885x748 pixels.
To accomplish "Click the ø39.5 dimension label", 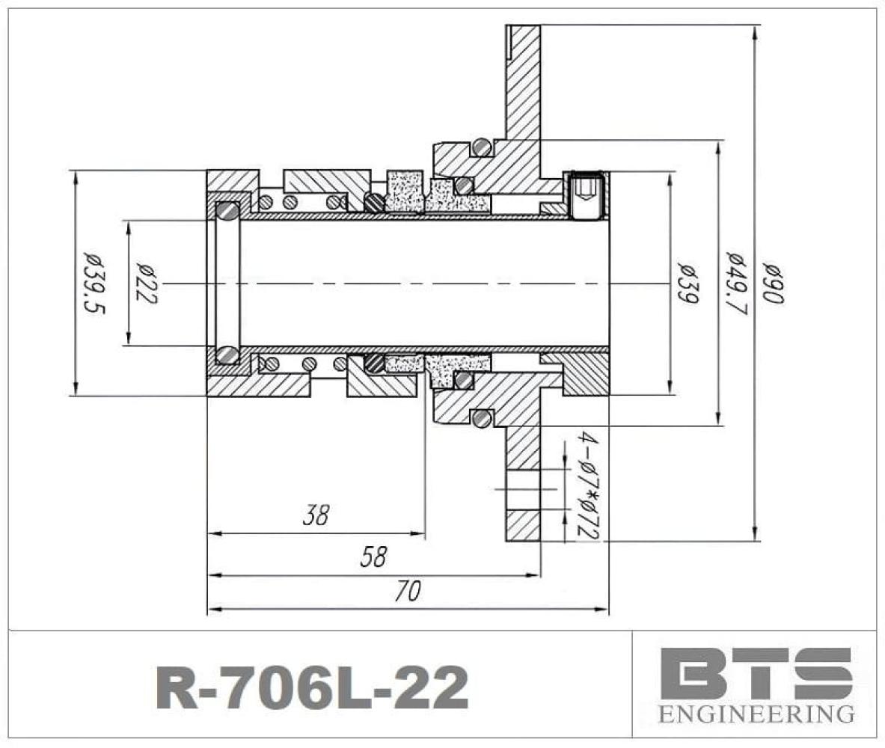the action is pos(94,283).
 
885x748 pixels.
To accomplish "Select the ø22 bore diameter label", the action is pos(146,283).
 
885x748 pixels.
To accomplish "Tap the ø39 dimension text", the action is pos(688,283).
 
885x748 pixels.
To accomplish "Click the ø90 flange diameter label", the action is pos(774,283).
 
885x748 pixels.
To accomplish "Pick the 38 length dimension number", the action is pos(316,515).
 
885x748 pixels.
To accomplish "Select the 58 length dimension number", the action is pos(373,557).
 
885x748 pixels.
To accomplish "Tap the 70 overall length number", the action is pos(408,592).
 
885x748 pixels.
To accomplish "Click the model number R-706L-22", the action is pos(312,687).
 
